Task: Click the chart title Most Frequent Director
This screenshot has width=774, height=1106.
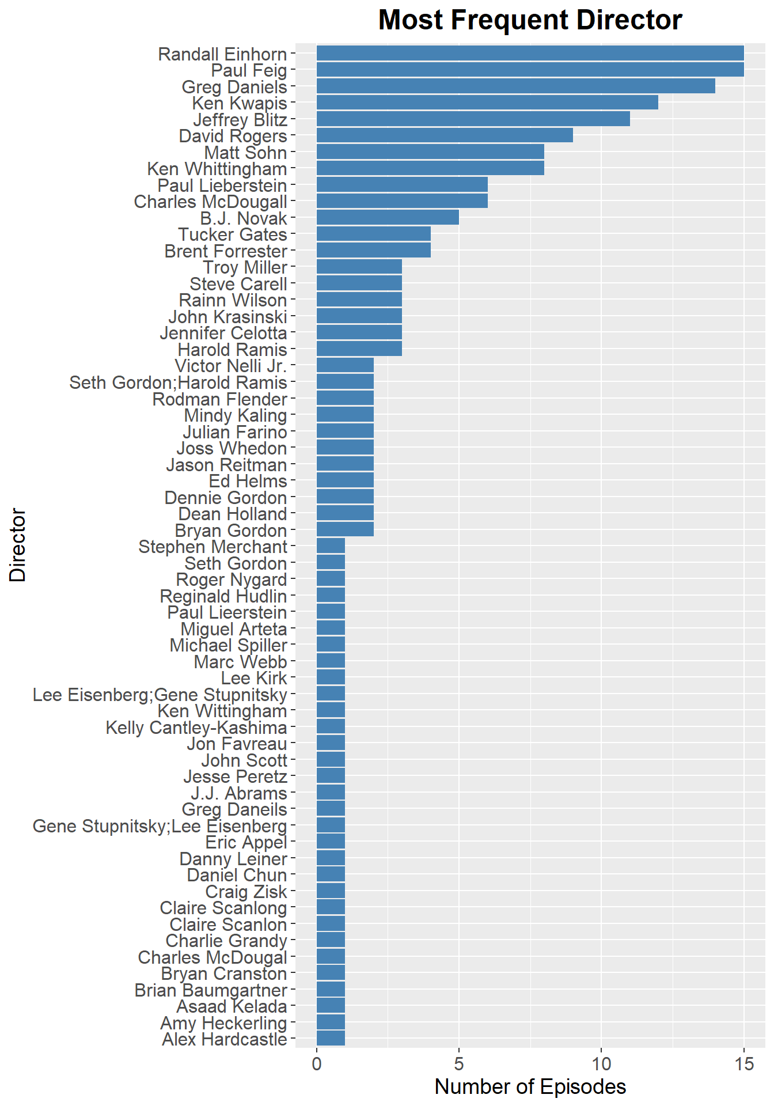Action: [x=530, y=21]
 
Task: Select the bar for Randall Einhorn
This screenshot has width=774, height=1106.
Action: [x=530, y=54]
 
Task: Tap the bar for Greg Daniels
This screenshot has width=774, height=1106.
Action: [x=515, y=86]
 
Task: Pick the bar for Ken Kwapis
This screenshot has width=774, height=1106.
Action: [x=487, y=103]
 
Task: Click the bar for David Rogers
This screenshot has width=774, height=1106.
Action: [x=445, y=135]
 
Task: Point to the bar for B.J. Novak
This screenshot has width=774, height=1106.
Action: [x=388, y=218]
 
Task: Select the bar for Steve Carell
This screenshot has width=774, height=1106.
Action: [x=359, y=283]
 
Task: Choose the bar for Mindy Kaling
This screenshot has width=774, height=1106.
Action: [x=345, y=415]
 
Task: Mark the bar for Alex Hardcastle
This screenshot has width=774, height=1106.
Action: [x=331, y=1039]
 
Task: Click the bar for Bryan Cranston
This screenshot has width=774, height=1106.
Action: [x=331, y=973]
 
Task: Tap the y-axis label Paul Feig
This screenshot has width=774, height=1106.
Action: [x=249, y=70]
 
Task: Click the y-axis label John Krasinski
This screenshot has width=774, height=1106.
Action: [x=227, y=317]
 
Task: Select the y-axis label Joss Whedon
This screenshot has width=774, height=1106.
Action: [x=232, y=448]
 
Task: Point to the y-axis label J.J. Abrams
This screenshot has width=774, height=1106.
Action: [x=238, y=793]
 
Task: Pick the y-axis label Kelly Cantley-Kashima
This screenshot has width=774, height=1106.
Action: [x=196, y=727]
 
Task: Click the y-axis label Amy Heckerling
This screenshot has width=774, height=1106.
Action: [x=223, y=1022]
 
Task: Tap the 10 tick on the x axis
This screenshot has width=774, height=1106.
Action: [x=601, y=1063]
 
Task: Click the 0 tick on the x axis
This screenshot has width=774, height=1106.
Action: [x=317, y=1063]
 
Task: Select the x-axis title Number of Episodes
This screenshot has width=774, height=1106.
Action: [x=530, y=1086]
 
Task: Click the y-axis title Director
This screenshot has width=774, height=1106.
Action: [x=18, y=544]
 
